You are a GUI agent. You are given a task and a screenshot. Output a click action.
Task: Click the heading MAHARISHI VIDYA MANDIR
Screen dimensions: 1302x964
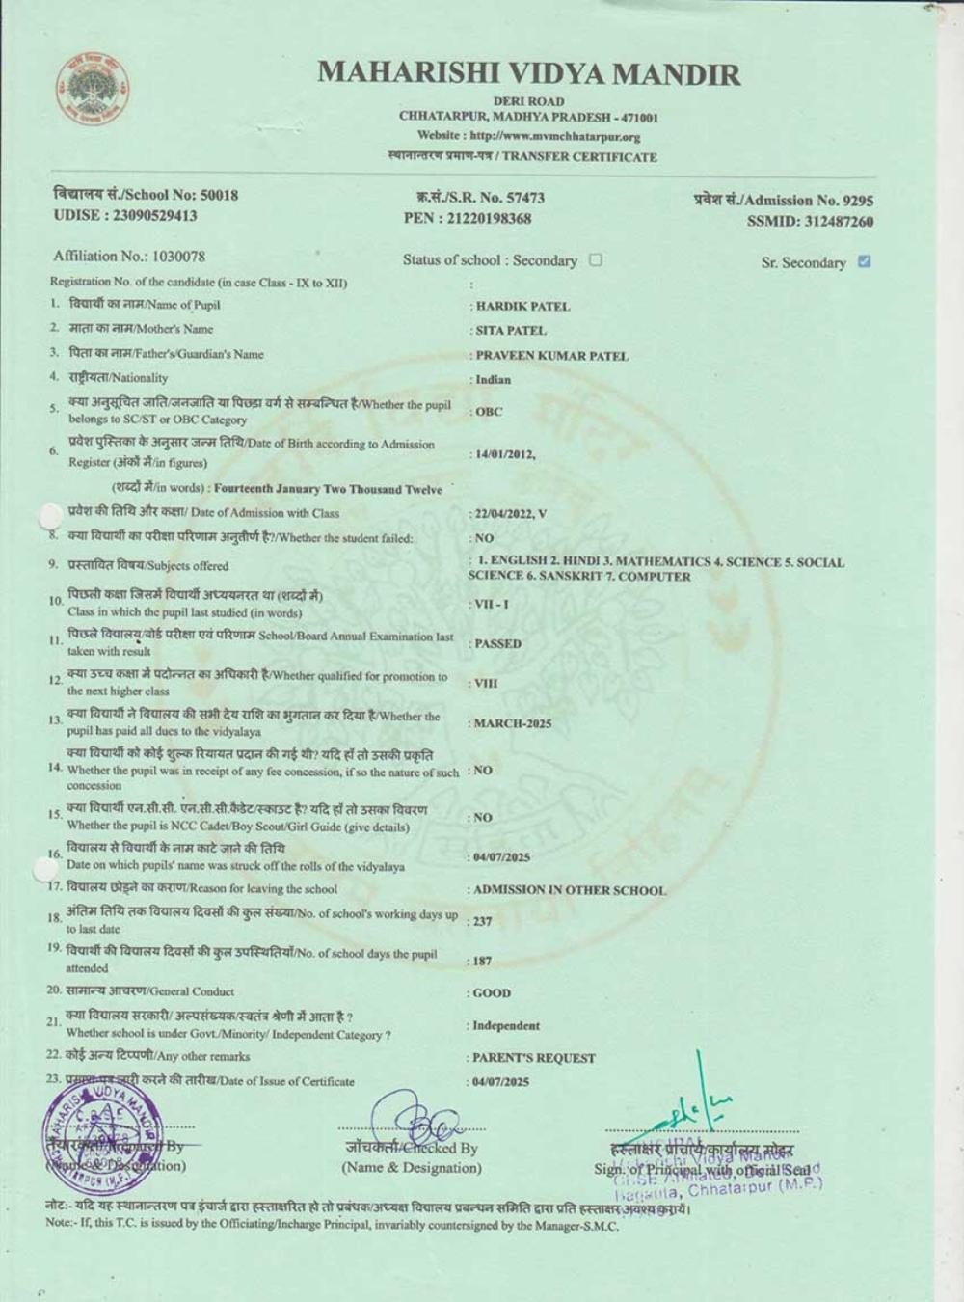coord(528,73)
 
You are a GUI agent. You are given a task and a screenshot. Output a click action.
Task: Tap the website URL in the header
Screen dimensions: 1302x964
coord(528,136)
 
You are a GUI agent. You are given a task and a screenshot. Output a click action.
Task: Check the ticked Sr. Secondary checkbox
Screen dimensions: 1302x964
coord(864,261)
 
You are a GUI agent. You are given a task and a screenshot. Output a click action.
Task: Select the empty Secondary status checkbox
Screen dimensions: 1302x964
coord(596,259)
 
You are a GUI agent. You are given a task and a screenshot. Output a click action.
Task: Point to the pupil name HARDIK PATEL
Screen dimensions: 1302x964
coord(522,307)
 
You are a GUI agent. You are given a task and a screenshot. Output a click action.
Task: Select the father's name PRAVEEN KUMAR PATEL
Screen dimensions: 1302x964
coord(551,356)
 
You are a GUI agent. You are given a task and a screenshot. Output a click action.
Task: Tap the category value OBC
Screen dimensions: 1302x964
coord(489,412)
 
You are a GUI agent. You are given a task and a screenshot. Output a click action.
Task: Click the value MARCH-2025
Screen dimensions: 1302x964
coord(513,723)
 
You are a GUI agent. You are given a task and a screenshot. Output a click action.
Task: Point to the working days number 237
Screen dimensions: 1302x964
coord(482,922)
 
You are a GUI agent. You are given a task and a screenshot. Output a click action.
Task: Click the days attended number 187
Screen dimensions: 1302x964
coord(482,962)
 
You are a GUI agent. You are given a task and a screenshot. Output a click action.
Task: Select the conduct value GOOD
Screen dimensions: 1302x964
coord(493,993)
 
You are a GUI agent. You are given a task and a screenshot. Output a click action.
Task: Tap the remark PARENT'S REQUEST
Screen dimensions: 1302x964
coord(534,1058)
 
